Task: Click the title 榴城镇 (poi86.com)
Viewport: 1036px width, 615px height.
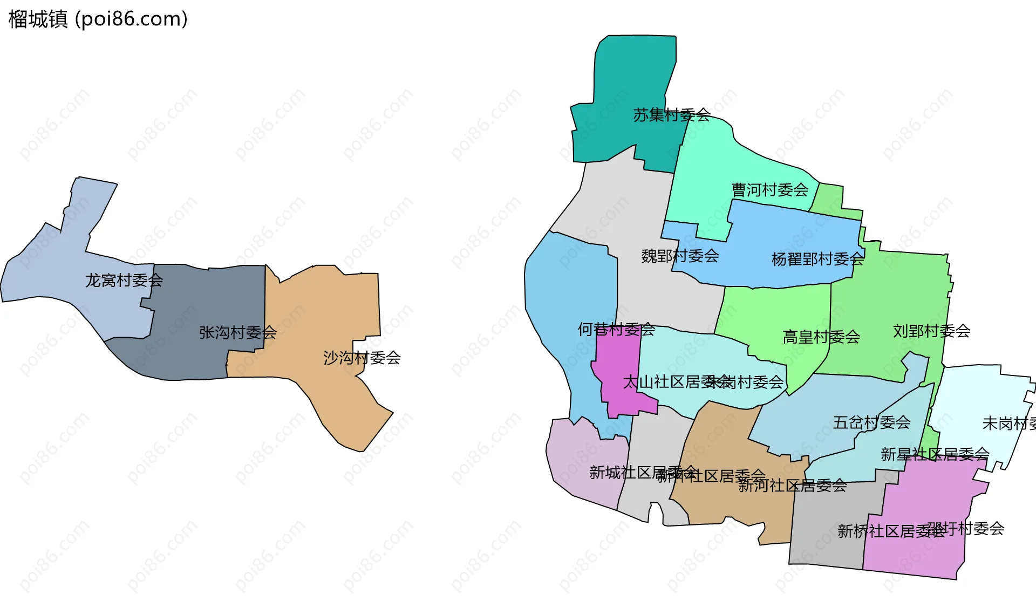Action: click(x=98, y=19)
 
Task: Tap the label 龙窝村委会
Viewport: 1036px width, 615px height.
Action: click(x=124, y=281)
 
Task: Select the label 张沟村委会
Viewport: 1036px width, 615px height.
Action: click(x=238, y=332)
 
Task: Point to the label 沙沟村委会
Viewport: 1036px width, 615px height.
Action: click(x=362, y=358)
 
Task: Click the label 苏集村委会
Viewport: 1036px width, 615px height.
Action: click(x=672, y=115)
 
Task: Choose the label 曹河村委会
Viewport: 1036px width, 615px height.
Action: click(x=770, y=190)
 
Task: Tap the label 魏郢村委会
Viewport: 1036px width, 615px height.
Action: click(x=680, y=256)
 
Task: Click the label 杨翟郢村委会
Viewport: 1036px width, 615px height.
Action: click(x=817, y=259)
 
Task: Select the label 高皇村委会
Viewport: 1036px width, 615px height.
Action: click(x=821, y=337)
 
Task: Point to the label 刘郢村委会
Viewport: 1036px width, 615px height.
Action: click(x=932, y=331)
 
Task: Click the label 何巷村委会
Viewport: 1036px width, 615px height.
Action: click(x=616, y=329)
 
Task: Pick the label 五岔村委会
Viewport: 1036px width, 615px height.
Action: click(x=872, y=422)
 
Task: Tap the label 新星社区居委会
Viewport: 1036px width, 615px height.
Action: click(x=935, y=454)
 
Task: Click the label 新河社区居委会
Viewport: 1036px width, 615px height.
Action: click(x=793, y=486)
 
